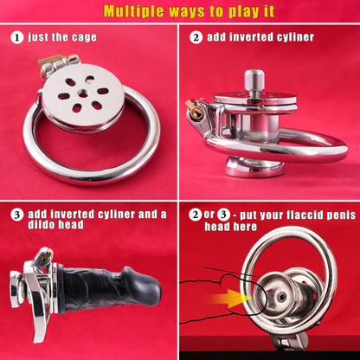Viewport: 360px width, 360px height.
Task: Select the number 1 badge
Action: tap(16, 38)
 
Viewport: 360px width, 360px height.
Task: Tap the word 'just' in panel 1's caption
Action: tap(42, 38)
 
